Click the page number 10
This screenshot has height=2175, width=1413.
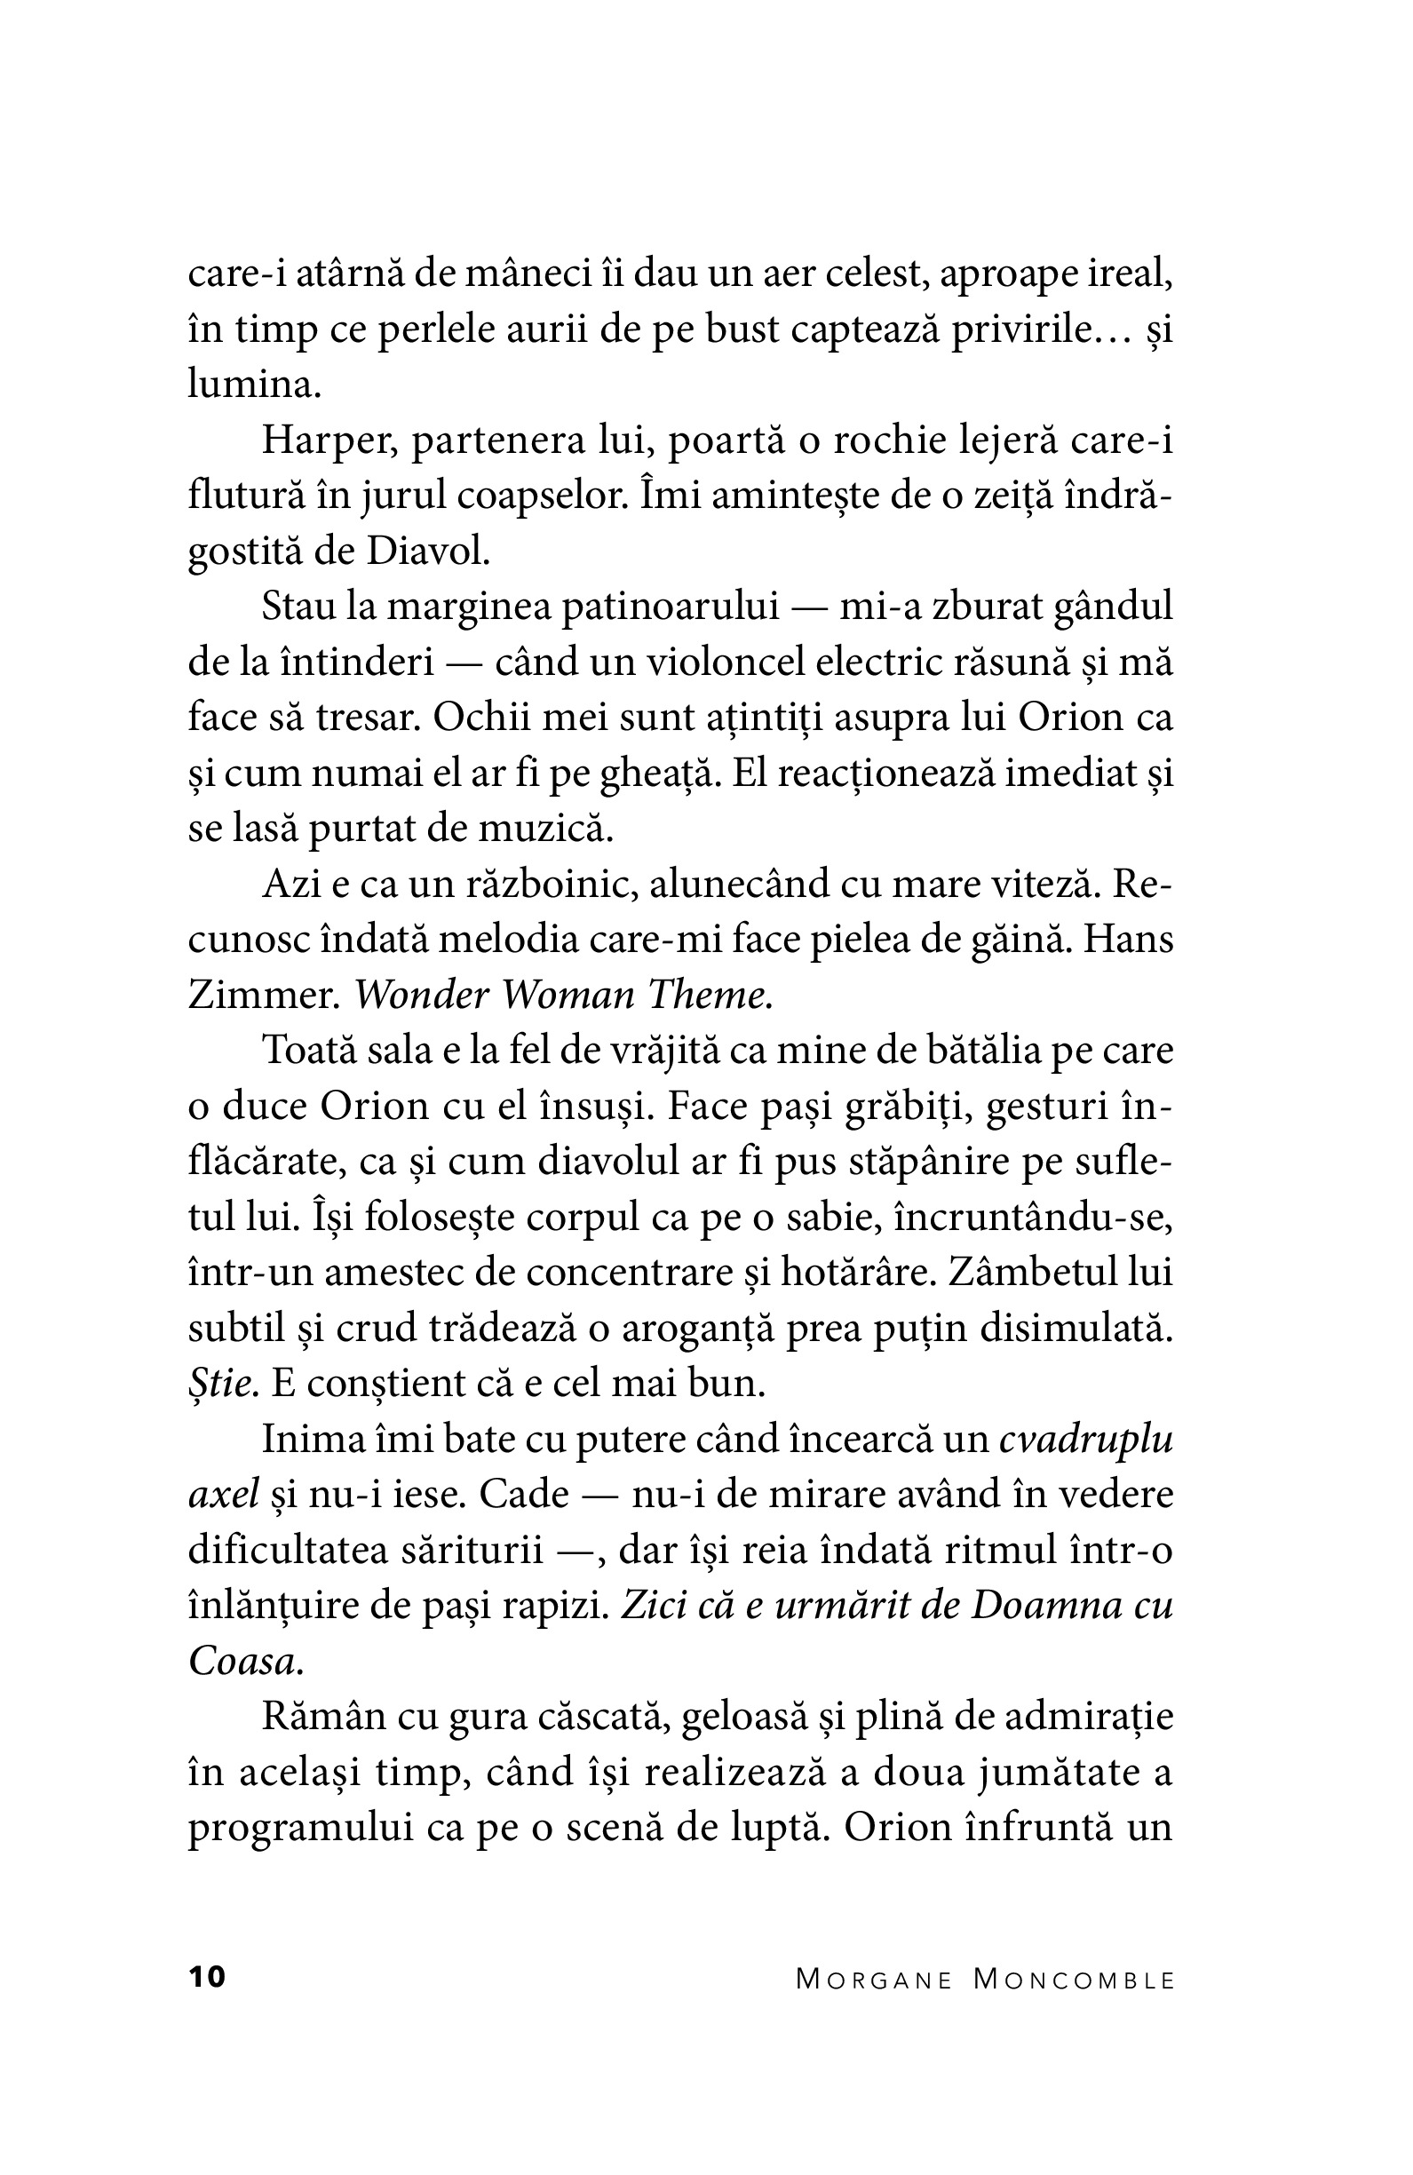point(207,1977)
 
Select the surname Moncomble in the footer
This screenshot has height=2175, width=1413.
point(1073,1980)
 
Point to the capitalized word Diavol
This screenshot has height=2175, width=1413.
point(428,551)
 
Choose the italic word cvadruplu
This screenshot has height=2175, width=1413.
point(1086,1440)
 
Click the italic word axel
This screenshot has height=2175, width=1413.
point(224,1495)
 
